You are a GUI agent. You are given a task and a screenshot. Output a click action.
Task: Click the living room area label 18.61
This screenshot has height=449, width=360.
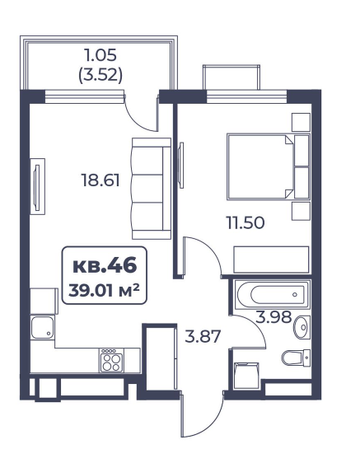(101, 180)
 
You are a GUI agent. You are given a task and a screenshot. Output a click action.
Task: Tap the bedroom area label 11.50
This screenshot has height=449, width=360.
(245, 222)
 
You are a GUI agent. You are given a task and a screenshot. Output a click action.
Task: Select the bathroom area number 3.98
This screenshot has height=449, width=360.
(274, 317)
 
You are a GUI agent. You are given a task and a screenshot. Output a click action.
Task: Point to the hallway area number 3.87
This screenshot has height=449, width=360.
(203, 336)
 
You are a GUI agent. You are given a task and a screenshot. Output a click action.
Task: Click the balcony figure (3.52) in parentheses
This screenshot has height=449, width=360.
(101, 76)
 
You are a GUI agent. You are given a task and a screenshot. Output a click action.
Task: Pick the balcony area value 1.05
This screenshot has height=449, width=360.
(101, 55)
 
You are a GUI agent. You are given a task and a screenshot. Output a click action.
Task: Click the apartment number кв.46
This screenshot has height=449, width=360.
(105, 265)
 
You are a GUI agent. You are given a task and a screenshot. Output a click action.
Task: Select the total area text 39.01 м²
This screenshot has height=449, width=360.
(104, 290)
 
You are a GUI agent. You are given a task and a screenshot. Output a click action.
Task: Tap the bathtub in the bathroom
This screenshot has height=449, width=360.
(272, 295)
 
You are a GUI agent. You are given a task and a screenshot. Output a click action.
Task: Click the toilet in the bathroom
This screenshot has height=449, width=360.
(296, 358)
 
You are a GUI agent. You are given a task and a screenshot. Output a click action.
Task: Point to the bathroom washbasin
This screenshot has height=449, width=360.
(302, 327)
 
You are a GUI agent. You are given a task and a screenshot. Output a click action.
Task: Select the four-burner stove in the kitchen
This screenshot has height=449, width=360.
(112, 360)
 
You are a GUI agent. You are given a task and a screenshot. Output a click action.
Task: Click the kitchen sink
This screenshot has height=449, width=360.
(42, 327)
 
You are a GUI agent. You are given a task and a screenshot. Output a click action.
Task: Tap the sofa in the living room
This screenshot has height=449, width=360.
(152, 189)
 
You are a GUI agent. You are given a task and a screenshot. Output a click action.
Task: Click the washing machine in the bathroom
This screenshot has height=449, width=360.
(246, 376)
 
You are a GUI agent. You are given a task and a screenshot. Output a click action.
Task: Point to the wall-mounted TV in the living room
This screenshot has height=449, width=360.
(37, 187)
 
